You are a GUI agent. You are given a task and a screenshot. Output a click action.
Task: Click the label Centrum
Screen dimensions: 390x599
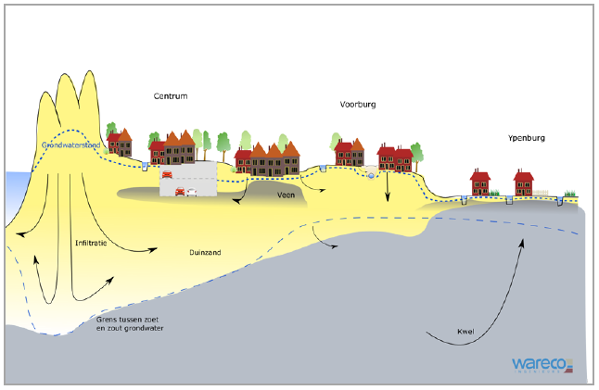[x=172, y=95]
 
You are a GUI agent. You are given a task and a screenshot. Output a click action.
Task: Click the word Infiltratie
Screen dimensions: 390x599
[x=92, y=243]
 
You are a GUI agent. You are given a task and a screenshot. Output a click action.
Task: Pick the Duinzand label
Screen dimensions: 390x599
[x=192, y=252]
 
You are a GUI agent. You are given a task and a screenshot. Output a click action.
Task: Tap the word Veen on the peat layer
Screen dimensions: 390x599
[x=287, y=195]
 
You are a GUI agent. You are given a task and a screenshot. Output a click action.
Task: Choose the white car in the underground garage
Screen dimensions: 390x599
[x=191, y=193]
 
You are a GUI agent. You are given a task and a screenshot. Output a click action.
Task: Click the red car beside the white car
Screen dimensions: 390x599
[x=179, y=193]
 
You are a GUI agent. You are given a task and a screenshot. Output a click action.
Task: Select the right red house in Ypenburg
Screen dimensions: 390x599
[x=524, y=182]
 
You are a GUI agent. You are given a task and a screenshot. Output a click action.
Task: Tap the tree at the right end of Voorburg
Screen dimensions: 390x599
[x=415, y=152]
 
